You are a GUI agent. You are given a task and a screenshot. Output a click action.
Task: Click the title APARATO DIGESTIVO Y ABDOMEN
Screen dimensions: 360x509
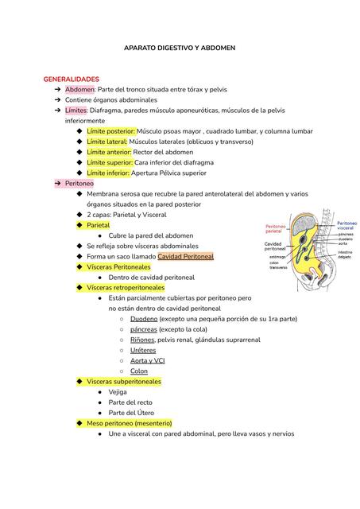180,49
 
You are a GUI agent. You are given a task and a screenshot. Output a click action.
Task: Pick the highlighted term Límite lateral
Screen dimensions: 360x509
106,142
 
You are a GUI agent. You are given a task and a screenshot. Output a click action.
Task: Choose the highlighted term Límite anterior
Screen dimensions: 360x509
110,152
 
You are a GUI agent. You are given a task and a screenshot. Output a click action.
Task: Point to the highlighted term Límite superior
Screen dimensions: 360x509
110,162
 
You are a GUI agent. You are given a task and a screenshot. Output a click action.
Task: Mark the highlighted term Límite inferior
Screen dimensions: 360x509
108,173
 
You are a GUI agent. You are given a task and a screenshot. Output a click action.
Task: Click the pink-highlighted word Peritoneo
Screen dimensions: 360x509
79,183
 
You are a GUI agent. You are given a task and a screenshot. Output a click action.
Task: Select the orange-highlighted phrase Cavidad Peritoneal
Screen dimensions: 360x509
185,257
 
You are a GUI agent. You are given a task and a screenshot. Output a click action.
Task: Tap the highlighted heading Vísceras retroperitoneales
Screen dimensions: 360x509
126,287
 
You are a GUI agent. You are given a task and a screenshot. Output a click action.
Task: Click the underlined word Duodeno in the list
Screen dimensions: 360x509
144,318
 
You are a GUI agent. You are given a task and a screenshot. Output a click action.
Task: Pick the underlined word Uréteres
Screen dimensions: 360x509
143,350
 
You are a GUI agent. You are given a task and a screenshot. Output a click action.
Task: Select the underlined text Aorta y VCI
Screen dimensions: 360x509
148,360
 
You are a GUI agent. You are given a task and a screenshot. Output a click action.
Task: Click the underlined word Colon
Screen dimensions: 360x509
139,371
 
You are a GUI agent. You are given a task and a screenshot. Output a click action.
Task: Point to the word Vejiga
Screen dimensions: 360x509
118,392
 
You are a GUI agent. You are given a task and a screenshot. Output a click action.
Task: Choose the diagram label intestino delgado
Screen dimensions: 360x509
345,254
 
